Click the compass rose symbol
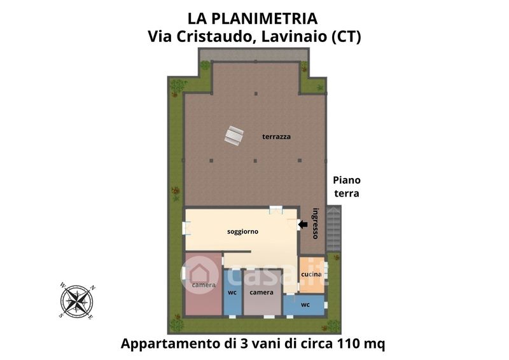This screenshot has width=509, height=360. (x=77, y=301)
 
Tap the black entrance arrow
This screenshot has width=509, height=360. (x=303, y=225)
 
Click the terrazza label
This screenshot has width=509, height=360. (x=276, y=137)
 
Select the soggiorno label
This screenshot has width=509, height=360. (x=242, y=232)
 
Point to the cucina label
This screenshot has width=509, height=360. (x=311, y=274)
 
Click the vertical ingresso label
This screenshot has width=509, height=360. (x=315, y=223)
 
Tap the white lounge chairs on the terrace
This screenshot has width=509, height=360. (x=234, y=135)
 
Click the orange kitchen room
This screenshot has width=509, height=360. (x=312, y=275)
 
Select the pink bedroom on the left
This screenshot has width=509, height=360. (x=204, y=284)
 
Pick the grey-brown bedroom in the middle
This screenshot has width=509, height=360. (x=262, y=293)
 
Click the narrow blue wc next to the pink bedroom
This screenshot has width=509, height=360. (x=232, y=293)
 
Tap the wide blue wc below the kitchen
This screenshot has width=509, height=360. (x=304, y=305)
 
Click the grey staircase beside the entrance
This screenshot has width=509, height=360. (x=333, y=228)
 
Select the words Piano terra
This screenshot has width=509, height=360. (x=347, y=186)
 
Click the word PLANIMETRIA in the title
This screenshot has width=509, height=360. (x=264, y=18)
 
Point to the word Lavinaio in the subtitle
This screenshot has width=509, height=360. (x=294, y=36)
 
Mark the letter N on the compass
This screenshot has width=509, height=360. (x=92, y=287)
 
